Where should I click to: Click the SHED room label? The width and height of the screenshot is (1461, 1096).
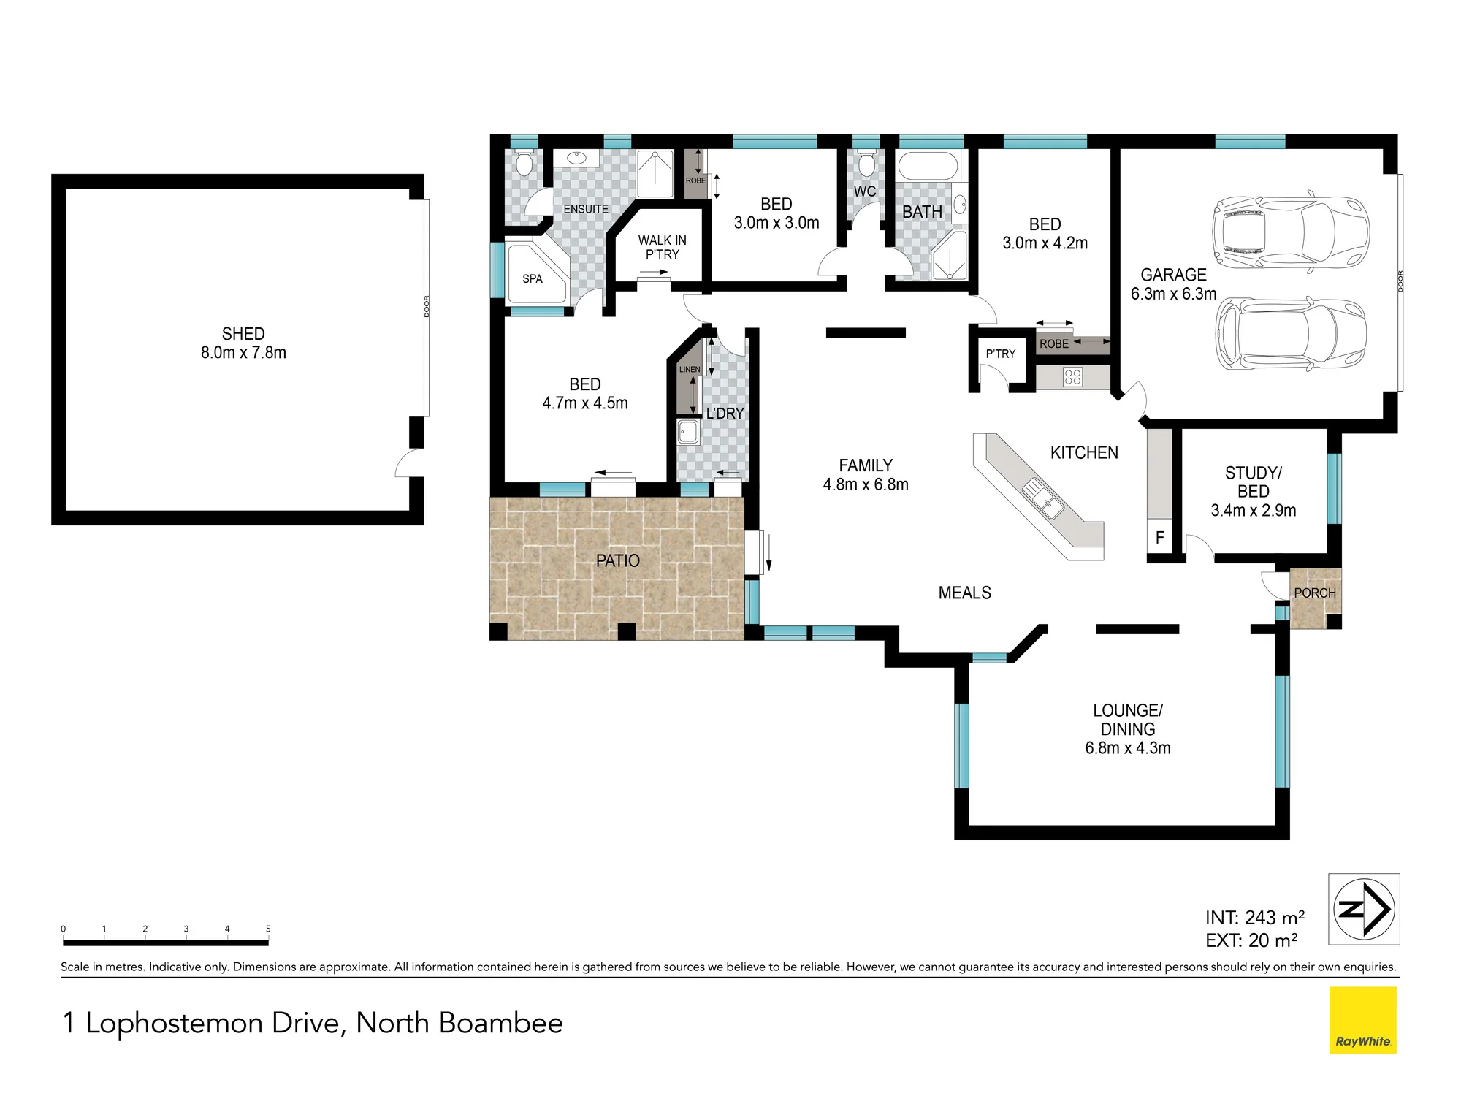click(x=243, y=334)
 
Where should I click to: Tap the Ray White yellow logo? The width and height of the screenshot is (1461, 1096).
click(x=1362, y=1020)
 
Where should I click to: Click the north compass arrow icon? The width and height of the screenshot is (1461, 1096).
click(x=1364, y=909)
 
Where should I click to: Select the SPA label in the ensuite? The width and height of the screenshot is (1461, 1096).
click(x=533, y=278)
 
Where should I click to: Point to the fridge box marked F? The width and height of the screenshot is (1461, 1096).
click(x=1159, y=538)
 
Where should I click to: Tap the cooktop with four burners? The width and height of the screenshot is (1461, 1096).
click(x=1072, y=377)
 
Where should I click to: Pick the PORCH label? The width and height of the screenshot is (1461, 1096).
click(x=1315, y=593)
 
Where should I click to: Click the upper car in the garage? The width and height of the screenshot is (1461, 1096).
click(x=1290, y=233)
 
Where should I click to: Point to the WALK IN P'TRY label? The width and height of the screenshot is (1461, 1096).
click(x=662, y=247)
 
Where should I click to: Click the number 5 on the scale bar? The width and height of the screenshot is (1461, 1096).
click(x=268, y=929)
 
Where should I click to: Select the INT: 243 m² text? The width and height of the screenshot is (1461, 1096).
click(x=1255, y=917)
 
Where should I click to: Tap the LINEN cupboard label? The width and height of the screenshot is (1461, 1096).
click(x=690, y=370)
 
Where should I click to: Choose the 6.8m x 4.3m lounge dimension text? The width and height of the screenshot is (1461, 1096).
click(x=1128, y=747)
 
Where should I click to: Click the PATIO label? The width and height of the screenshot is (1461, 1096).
click(x=618, y=560)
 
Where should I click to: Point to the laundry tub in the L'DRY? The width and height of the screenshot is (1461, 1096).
click(x=688, y=432)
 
